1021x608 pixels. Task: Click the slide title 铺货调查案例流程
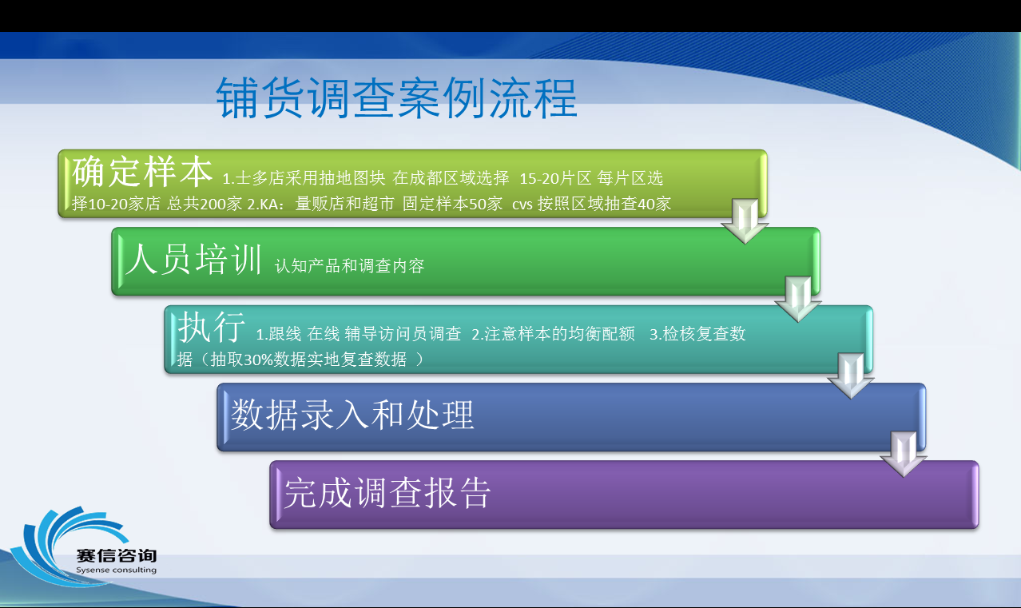pyautogui.click(x=396, y=97)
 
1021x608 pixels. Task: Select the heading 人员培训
pyautogui.click(x=193, y=259)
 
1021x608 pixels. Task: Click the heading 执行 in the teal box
pyautogui.click(x=212, y=327)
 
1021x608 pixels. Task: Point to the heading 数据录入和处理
pyautogui.click(x=352, y=415)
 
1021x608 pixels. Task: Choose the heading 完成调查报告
pyautogui.click(x=387, y=493)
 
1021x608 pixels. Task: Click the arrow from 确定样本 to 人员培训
pyautogui.click(x=745, y=221)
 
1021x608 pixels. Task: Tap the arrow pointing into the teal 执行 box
pyautogui.click(x=797, y=300)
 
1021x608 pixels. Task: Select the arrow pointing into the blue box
pyautogui.click(x=851, y=376)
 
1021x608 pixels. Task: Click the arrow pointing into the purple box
pyautogui.click(x=904, y=455)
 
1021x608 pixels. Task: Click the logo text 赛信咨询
pyautogui.click(x=116, y=555)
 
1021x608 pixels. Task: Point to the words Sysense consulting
pyautogui.click(x=116, y=570)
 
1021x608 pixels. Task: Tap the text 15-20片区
pyautogui.click(x=555, y=178)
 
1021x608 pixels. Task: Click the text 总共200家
pyautogui.click(x=205, y=204)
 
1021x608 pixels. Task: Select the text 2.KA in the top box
pyautogui.click(x=265, y=205)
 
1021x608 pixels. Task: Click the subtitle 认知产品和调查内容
pyautogui.click(x=349, y=266)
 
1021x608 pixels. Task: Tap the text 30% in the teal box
pyautogui.click(x=258, y=360)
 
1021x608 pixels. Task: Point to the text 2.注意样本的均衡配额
pyautogui.click(x=553, y=334)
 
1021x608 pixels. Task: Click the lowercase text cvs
pyautogui.click(x=522, y=205)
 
